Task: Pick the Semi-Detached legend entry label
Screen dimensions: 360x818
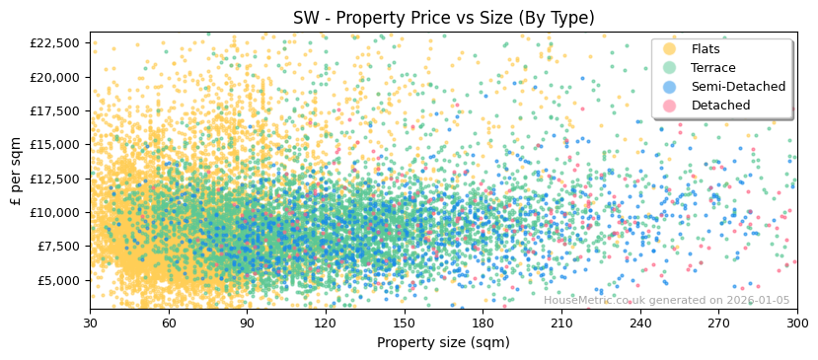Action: pyautogui.click(x=738, y=87)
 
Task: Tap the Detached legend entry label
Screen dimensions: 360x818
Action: pyautogui.click(x=720, y=106)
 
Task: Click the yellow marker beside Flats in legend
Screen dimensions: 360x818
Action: pyautogui.click(x=670, y=49)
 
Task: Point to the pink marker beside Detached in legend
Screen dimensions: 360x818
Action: pyautogui.click(x=670, y=106)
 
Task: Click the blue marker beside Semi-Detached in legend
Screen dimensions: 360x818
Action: pyautogui.click(x=670, y=87)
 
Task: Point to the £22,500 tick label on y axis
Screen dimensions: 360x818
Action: pyautogui.click(x=55, y=42)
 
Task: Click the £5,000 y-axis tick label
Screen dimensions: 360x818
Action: pyautogui.click(x=58, y=280)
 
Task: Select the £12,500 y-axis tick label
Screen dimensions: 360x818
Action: pyautogui.click(x=55, y=179)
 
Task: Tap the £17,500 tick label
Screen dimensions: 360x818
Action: pyautogui.click(x=55, y=110)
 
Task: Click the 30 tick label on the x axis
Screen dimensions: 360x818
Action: pyautogui.click(x=90, y=323)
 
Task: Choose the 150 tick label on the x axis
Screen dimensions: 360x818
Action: pyautogui.click(x=405, y=323)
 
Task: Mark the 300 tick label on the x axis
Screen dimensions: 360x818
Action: pyautogui.click(x=797, y=323)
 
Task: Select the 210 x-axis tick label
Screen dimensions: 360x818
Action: pyautogui.click(x=561, y=323)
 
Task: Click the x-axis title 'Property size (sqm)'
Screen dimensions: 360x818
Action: pyautogui.click(x=443, y=342)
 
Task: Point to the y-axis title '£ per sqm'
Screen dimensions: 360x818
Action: pyautogui.click(x=16, y=172)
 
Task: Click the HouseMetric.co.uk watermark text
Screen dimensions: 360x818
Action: pyautogui.click(x=666, y=301)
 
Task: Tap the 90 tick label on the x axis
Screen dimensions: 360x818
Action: pyautogui.click(x=247, y=323)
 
